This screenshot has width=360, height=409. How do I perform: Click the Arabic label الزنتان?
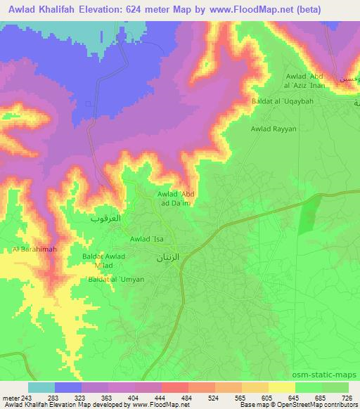tap(168, 257)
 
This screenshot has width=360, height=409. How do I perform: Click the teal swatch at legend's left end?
tap(41, 387)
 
